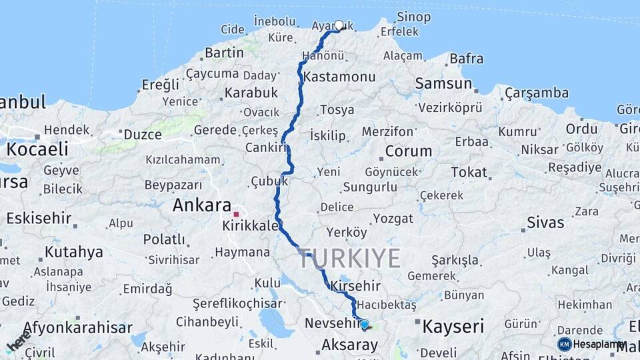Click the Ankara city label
202,205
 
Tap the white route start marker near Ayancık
339,25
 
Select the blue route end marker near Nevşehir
364,325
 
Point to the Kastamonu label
339,77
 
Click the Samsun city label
443,83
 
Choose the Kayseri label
453,326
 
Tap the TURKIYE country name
350,258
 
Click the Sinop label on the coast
413,17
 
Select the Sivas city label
545,221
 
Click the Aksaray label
349,345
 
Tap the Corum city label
409,151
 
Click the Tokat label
469,172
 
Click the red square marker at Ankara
236,214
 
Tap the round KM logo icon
564,344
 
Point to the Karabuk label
251,93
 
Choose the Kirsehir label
355,286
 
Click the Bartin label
224,52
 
